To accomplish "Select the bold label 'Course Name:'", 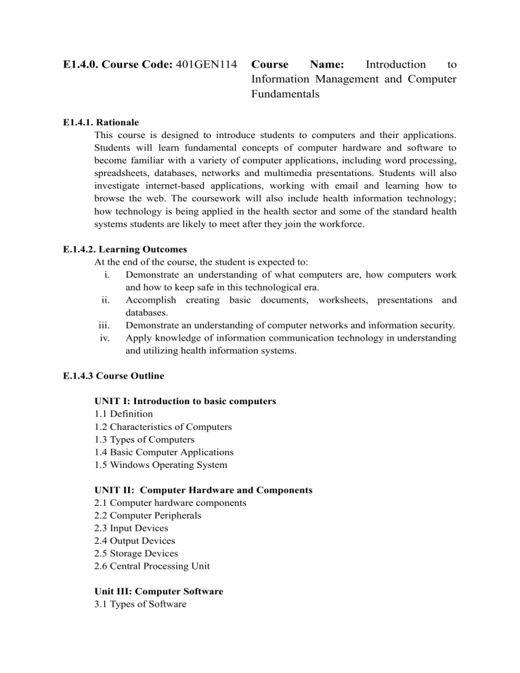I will point(297,65).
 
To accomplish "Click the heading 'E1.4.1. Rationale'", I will point(99,123).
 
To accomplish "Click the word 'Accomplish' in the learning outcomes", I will point(151,300).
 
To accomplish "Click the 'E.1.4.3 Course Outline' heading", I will point(112,375).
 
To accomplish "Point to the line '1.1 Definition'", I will point(124,414).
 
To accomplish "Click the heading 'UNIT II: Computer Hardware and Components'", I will point(203,490).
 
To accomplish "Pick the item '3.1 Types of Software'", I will point(141,604).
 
